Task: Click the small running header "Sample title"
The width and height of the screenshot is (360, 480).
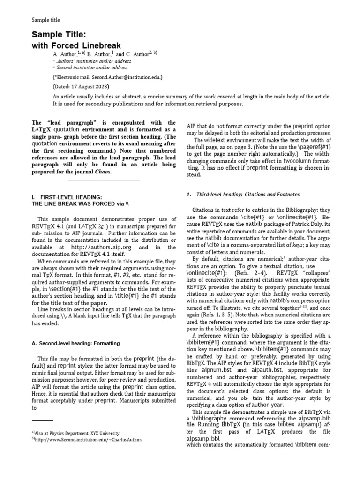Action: coord(45,20)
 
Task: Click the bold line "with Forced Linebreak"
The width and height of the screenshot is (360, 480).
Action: coord(76,45)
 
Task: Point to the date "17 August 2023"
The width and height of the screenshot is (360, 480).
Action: coord(90,87)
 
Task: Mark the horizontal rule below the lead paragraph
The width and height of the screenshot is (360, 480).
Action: coord(104,180)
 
